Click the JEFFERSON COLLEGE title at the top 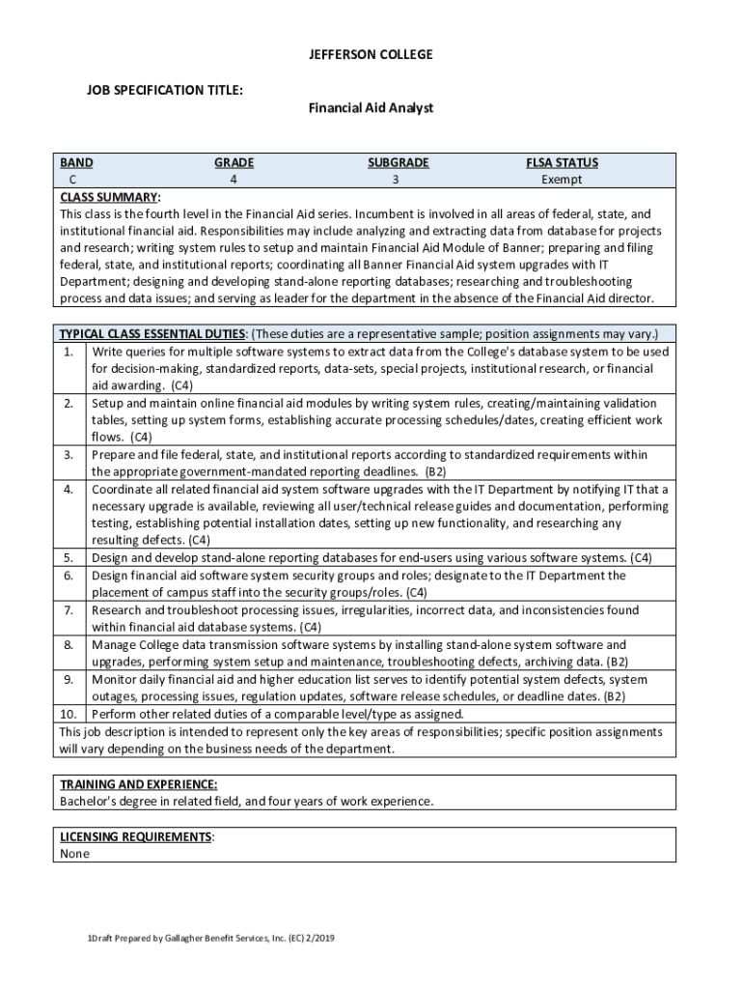point(371,55)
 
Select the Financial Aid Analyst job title point(371,108)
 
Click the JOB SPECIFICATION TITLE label point(164,90)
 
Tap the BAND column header point(76,163)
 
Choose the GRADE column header point(234,163)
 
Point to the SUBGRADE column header point(398,163)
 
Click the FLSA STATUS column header point(562,163)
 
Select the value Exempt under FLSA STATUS point(562,180)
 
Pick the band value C point(73,180)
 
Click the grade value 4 point(234,180)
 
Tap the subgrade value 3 point(395,180)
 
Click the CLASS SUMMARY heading point(110,197)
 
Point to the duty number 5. point(69,558)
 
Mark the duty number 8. point(69,645)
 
